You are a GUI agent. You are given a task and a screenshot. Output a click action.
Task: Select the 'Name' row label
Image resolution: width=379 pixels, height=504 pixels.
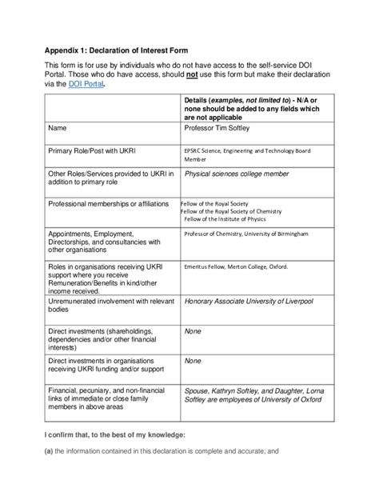pyautogui.click(x=58, y=127)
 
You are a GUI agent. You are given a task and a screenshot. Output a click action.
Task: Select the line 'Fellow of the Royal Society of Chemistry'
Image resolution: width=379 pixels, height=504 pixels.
pyautogui.click(x=240, y=211)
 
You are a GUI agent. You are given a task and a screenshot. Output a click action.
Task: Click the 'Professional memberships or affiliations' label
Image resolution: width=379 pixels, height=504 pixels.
pyautogui.click(x=113, y=204)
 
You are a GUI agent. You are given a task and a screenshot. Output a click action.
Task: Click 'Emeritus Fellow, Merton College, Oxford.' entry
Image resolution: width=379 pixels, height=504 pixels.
pyautogui.click(x=236, y=266)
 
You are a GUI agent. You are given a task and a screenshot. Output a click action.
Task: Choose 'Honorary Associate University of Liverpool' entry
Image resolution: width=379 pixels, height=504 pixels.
pyautogui.click(x=259, y=302)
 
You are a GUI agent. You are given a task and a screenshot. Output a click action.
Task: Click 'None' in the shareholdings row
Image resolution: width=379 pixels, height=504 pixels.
pyautogui.click(x=193, y=329)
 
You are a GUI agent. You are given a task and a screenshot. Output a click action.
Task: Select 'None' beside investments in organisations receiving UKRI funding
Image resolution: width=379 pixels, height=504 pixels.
pyautogui.click(x=193, y=361)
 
